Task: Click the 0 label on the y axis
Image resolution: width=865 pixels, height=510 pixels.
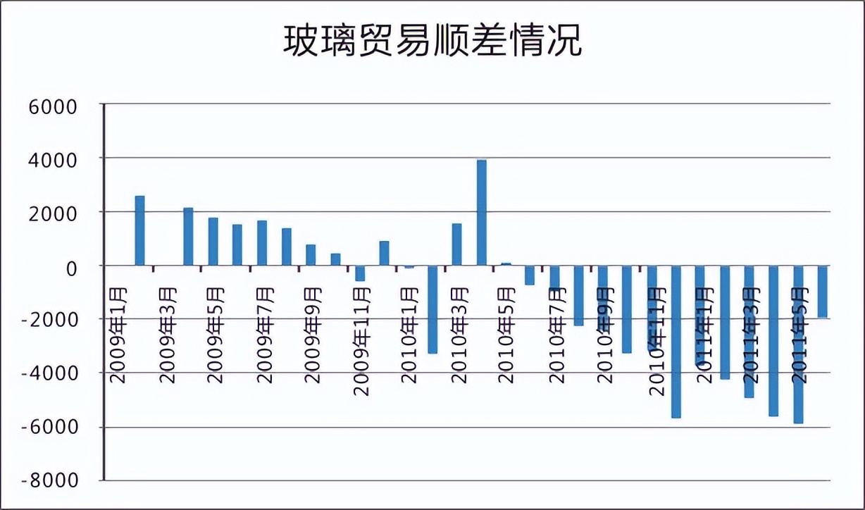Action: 71,267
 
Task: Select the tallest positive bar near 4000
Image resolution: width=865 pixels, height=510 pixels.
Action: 482,213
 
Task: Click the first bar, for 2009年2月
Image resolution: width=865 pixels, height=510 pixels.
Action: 139,230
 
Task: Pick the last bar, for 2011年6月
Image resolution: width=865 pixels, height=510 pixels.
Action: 822,292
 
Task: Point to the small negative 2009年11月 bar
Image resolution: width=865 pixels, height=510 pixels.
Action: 360,273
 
